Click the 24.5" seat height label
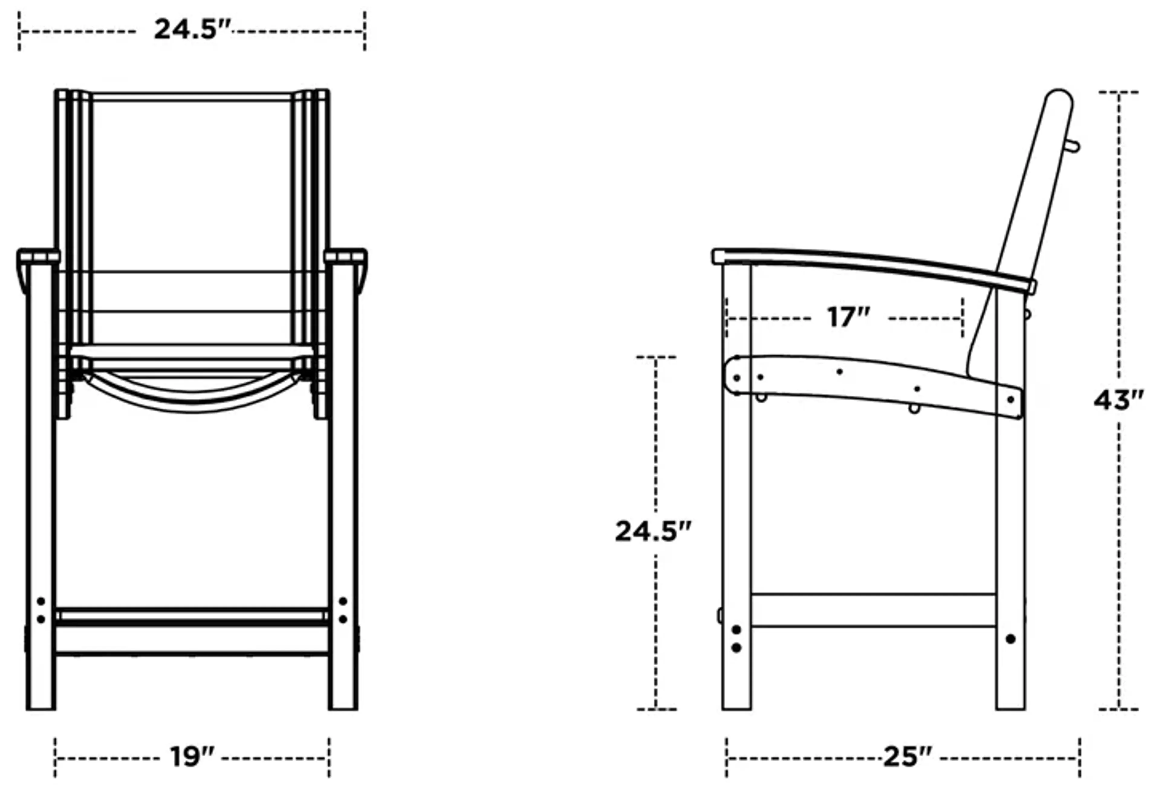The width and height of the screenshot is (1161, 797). click(x=653, y=531)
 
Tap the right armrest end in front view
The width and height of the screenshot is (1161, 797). click(x=346, y=257)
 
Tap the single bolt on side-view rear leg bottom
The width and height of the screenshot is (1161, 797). click(x=1010, y=639)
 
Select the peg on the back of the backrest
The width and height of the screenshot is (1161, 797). click(x=1073, y=146)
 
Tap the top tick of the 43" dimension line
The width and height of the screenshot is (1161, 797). click(x=1118, y=92)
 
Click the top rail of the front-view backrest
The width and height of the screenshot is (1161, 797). click(x=191, y=97)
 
